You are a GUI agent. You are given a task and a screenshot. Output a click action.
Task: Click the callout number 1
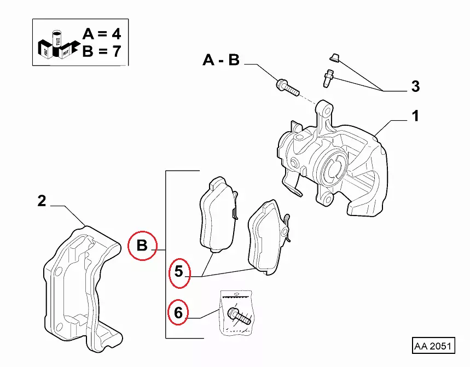pyautogui.click(x=415, y=116)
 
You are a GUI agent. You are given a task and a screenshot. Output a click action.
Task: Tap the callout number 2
pyautogui.click(x=42, y=200)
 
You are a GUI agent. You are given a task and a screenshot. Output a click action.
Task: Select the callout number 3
pyautogui.click(x=415, y=86)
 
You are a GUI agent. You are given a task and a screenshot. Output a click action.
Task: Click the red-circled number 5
pyautogui.click(x=179, y=271)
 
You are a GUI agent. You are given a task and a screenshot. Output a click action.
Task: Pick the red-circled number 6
pyautogui.click(x=178, y=313)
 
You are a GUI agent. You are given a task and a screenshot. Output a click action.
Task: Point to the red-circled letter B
pyautogui.click(x=142, y=246)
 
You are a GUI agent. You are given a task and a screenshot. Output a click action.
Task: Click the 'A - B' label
pyautogui.click(x=221, y=60)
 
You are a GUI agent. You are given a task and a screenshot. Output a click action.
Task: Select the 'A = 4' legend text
pyautogui.click(x=102, y=34)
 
